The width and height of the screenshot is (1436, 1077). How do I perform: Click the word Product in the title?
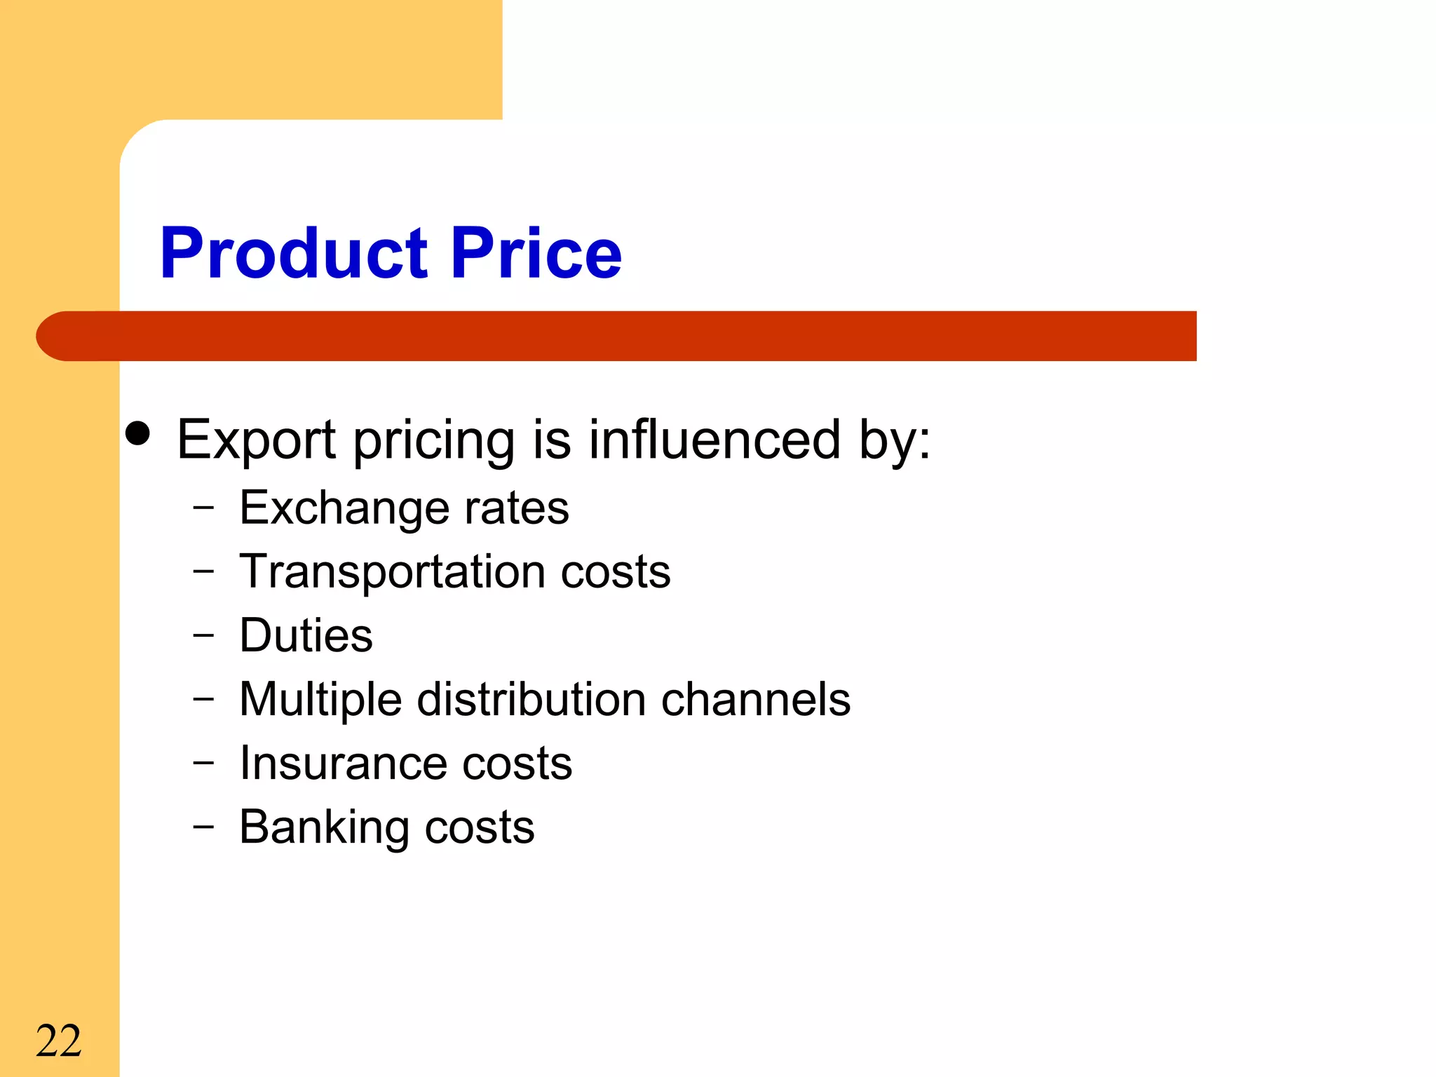point(294,253)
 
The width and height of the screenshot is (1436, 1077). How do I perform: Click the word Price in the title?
point(536,253)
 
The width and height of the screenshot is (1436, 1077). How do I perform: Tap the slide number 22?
point(59,1041)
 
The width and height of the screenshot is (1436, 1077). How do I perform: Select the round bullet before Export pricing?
point(138,433)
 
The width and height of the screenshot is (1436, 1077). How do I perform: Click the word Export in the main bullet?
point(256,440)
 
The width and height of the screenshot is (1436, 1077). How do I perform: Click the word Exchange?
point(343,508)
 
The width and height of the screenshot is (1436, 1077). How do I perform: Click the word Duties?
point(306,635)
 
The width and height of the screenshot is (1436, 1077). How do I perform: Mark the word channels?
point(756,699)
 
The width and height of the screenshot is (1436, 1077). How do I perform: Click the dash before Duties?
point(203,635)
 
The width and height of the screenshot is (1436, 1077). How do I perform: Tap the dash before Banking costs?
point(203,827)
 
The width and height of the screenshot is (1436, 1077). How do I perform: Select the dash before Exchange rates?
point(203,508)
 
